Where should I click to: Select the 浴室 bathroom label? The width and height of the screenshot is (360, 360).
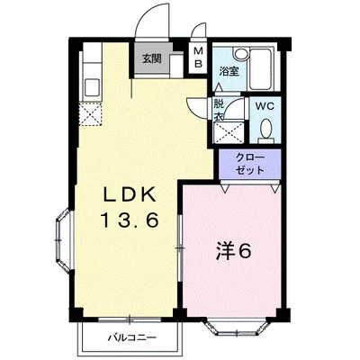tap(228, 71)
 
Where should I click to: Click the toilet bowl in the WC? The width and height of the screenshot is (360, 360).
tap(265, 131)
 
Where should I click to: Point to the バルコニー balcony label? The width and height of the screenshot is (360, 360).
tap(132, 338)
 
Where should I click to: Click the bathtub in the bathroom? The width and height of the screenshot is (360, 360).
tap(260, 66)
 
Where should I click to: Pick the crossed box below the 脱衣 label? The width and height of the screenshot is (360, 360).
tap(226, 132)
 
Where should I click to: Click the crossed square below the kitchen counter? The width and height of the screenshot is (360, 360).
tap(90, 114)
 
